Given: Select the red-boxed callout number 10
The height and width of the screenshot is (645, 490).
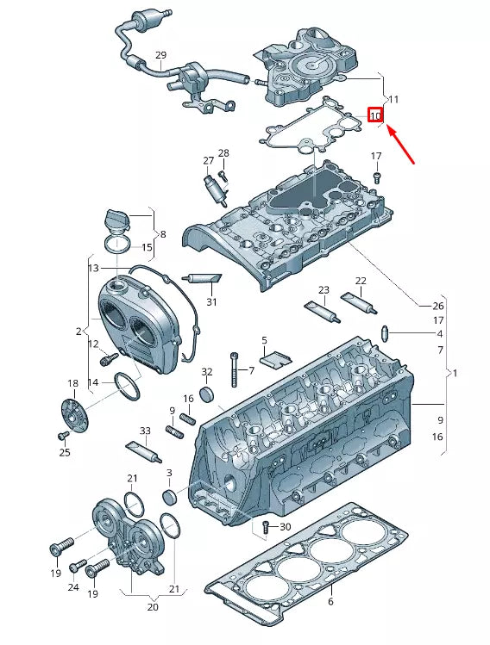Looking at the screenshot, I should click(375, 115).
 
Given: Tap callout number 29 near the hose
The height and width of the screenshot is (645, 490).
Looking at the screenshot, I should click(160, 56).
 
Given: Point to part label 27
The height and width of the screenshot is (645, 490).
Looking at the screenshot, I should click(208, 161).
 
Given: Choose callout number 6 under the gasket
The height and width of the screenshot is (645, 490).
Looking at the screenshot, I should click(330, 603).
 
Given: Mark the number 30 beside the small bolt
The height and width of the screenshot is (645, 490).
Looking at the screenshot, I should click(286, 527).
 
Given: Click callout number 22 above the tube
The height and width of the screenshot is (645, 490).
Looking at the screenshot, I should click(361, 282).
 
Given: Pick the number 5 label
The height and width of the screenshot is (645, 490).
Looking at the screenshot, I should click(264, 341).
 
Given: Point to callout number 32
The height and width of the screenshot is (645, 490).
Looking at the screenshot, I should click(206, 372).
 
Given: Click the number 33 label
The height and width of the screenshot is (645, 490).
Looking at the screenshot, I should click(145, 431).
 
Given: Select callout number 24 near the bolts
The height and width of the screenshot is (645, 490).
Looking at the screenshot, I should click(72, 587).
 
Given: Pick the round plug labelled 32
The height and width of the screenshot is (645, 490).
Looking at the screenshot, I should click(206, 394).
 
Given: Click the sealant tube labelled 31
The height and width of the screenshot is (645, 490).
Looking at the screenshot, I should click(202, 278).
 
